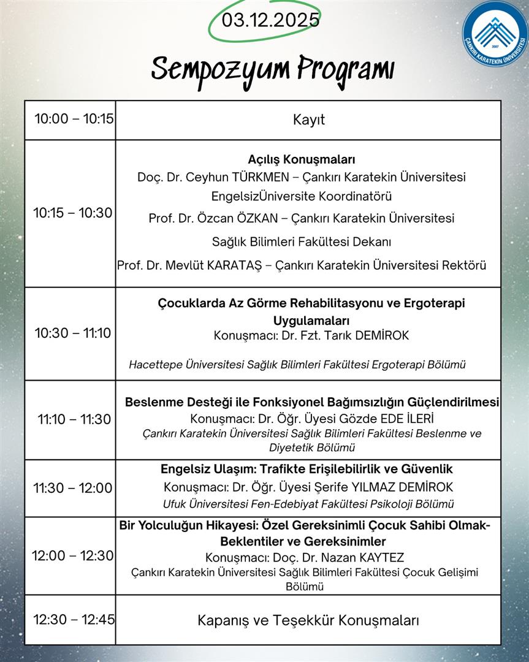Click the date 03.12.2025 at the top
[271, 20]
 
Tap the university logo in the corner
[495, 33]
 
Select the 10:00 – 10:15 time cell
[74, 119]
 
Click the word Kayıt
[309, 120]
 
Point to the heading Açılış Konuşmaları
[302, 159]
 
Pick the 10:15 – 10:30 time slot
[73, 213]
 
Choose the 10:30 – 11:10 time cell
[73, 333]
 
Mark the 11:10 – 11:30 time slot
[74, 419]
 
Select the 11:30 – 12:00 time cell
[73, 488]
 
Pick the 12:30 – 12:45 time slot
[74, 619]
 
